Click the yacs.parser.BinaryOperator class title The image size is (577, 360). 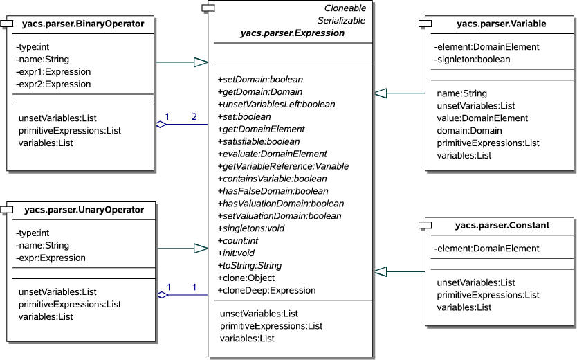click(83, 24)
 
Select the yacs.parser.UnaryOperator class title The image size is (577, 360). click(84, 210)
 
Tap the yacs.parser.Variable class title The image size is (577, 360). click(501, 24)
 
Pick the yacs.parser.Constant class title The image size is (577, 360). click(502, 225)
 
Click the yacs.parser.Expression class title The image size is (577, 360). click(292, 33)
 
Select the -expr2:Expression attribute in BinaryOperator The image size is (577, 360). click(53, 84)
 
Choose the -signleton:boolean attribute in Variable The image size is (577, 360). click(473, 60)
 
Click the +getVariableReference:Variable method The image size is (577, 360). click(283, 166)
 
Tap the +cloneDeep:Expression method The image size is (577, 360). click(266, 291)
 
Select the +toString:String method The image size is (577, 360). click(249, 266)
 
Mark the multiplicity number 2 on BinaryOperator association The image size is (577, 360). click(194, 116)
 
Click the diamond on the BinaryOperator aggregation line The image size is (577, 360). click(161, 125)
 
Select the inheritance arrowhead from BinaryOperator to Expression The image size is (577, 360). click(201, 63)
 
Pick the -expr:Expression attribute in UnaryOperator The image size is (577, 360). click(51, 258)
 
